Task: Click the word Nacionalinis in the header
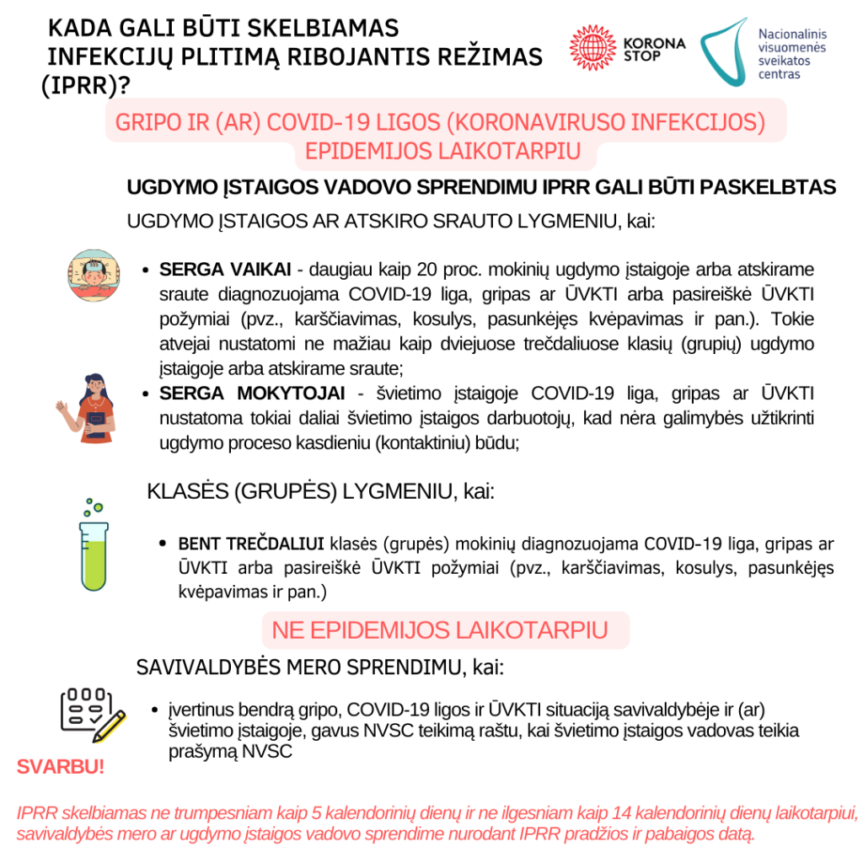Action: click(x=793, y=34)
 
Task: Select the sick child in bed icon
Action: click(x=91, y=274)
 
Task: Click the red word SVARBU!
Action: click(x=61, y=768)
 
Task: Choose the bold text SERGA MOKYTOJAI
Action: click(x=252, y=394)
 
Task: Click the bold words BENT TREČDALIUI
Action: click(x=252, y=542)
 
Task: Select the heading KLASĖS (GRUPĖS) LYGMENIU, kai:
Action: click(x=321, y=492)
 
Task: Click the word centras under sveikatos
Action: click(x=780, y=74)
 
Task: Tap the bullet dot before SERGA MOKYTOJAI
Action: click(x=145, y=394)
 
